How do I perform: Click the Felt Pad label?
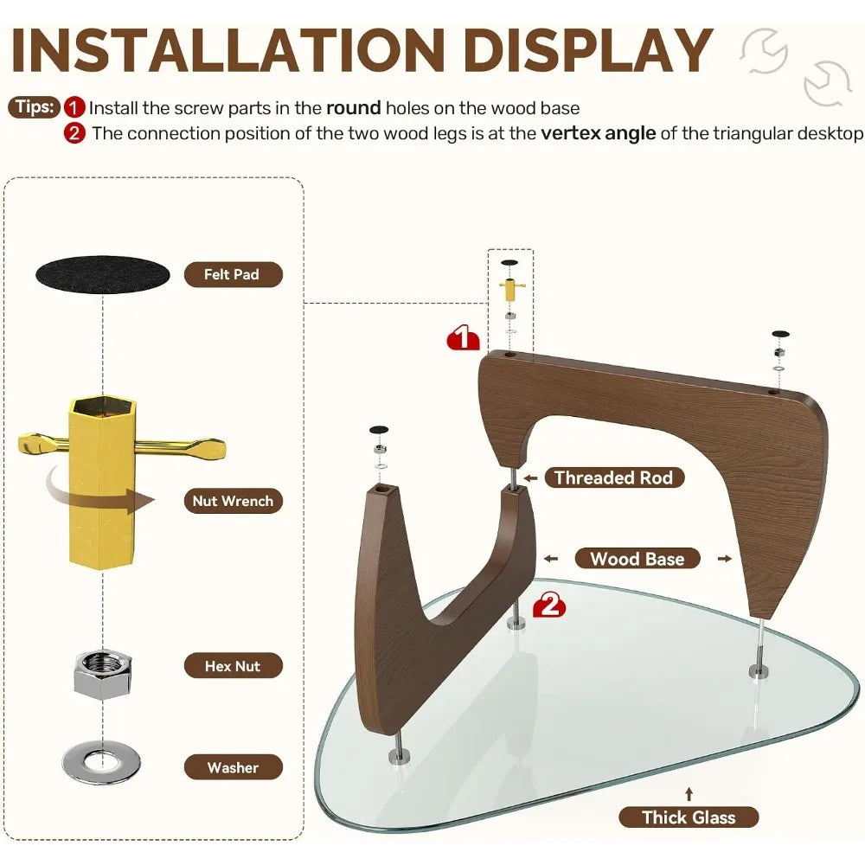[233, 274]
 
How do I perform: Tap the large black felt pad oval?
[103, 274]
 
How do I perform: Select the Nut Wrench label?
[233, 501]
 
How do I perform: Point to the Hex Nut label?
[233, 666]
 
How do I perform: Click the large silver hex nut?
[103, 674]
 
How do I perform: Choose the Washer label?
[233, 767]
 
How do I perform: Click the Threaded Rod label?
[614, 477]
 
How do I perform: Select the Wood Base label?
[638, 558]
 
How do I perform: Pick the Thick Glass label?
[689, 817]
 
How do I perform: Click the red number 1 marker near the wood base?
[464, 337]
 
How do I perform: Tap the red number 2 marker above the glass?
[549, 605]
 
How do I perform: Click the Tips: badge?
[34, 106]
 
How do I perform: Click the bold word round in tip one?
[354, 107]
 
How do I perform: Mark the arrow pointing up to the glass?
[689, 794]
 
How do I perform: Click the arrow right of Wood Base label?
[725, 559]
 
